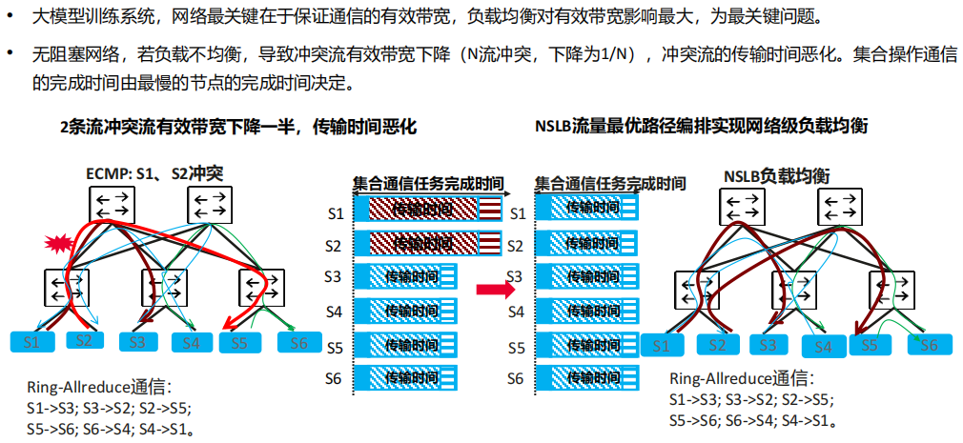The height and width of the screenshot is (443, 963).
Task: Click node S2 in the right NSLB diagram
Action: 717,346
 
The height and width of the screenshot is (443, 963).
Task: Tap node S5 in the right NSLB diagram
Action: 870,344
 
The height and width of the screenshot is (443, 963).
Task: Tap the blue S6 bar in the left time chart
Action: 405,377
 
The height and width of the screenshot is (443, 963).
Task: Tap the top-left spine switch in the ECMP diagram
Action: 113,204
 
